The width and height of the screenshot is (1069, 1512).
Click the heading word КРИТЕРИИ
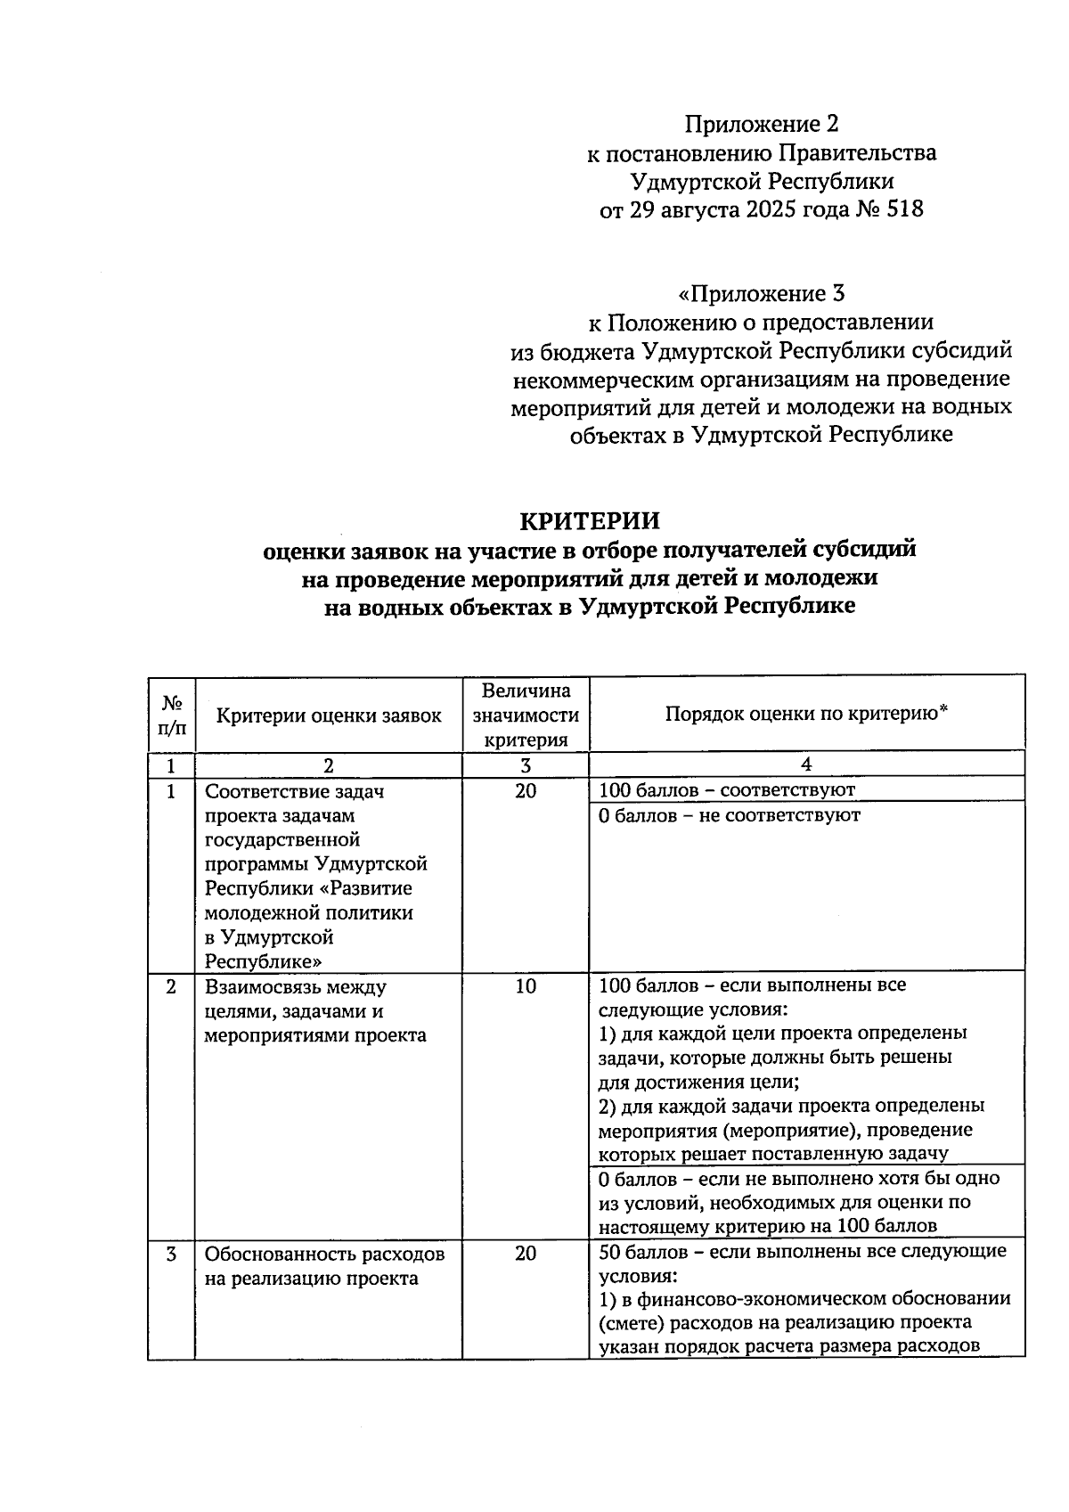[590, 520]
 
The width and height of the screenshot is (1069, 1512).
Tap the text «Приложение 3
[761, 293]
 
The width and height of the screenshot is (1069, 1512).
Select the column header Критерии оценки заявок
[329, 715]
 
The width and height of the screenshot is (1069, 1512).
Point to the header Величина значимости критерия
[526, 715]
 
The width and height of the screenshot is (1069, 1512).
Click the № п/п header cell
[171, 715]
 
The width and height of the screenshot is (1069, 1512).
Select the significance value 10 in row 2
[526, 986]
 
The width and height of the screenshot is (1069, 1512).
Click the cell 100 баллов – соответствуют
[726, 790]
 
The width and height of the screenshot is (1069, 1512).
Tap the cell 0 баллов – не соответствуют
[730, 815]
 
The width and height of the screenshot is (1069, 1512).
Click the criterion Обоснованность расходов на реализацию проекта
[324, 1266]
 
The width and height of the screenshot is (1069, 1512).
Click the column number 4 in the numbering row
[806, 765]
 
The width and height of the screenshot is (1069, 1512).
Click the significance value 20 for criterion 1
[526, 790]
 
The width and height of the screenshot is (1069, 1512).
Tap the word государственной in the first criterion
[282, 839]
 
